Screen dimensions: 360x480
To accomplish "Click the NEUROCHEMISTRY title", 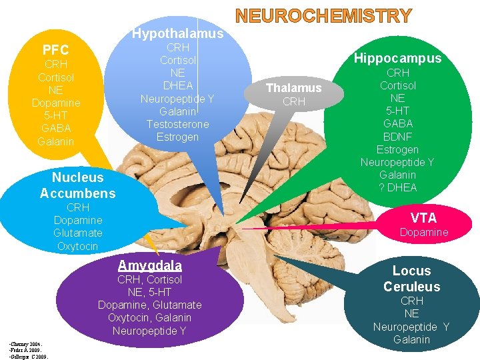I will click(x=323, y=15).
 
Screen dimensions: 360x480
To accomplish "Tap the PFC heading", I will click(x=55, y=50).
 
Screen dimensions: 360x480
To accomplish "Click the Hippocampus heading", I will click(x=397, y=58).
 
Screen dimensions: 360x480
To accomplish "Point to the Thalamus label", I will click(x=293, y=88).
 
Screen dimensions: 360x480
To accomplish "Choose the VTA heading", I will click(x=423, y=217).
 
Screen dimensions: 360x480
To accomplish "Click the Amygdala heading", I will click(x=149, y=265).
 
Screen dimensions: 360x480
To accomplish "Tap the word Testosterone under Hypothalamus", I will click(x=177, y=124).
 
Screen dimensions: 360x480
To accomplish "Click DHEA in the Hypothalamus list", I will click(x=177, y=86).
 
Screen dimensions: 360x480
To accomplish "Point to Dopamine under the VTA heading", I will click(x=423, y=232).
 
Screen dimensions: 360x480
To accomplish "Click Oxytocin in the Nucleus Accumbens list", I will click(x=77, y=246).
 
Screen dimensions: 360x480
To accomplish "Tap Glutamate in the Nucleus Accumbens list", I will click(x=77, y=233).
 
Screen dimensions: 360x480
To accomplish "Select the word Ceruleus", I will click(x=411, y=287).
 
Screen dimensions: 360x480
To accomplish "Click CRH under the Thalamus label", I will click(x=293, y=101).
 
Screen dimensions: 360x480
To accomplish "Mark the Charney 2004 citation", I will click(x=21, y=343).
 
